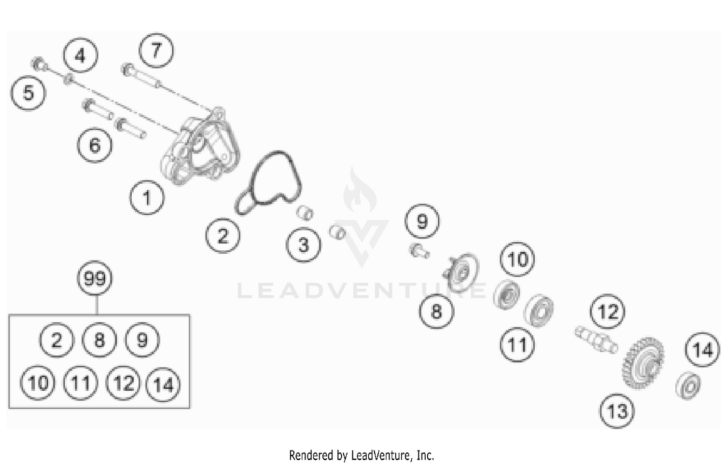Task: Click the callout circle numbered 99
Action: pos(95,279)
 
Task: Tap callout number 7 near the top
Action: pos(156,51)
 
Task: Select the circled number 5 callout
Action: pos(28,93)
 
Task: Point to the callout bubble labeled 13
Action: pos(617,411)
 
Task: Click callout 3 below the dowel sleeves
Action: pos(303,245)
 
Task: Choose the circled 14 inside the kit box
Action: pos(163,384)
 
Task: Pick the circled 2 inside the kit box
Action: pos(56,340)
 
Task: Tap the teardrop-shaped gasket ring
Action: pos(268,183)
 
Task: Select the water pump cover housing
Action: pos(199,147)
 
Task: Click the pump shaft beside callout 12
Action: pos(596,339)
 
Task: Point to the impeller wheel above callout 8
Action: pos(461,273)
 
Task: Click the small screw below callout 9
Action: pos(418,251)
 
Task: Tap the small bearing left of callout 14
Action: pos(688,385)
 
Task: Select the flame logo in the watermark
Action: pos(360,191)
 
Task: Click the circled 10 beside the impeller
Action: pos(517,260)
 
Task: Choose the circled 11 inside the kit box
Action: pos(81,383)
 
